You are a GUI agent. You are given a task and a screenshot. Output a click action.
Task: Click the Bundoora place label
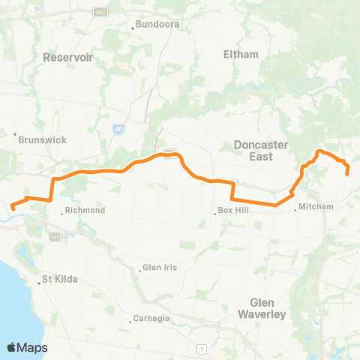tap(153, 24)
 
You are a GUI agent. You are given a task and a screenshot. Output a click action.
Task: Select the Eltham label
tap(241, 54)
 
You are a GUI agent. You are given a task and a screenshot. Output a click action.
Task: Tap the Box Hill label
tap(232, 211)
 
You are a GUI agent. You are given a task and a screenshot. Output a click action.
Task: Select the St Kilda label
tap(60, 281)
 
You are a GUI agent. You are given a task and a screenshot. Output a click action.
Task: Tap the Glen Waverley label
tap(262, 308)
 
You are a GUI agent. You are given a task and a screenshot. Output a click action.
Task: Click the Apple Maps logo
tap(27, 347)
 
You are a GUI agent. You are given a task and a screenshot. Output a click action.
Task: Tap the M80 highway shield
tap(100, 11)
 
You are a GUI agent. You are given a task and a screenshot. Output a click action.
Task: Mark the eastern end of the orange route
tap(348, 173)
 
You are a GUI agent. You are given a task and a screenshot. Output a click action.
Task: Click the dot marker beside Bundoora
tap(133, 28)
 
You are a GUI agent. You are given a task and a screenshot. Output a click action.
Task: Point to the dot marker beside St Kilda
tap(40, 283)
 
